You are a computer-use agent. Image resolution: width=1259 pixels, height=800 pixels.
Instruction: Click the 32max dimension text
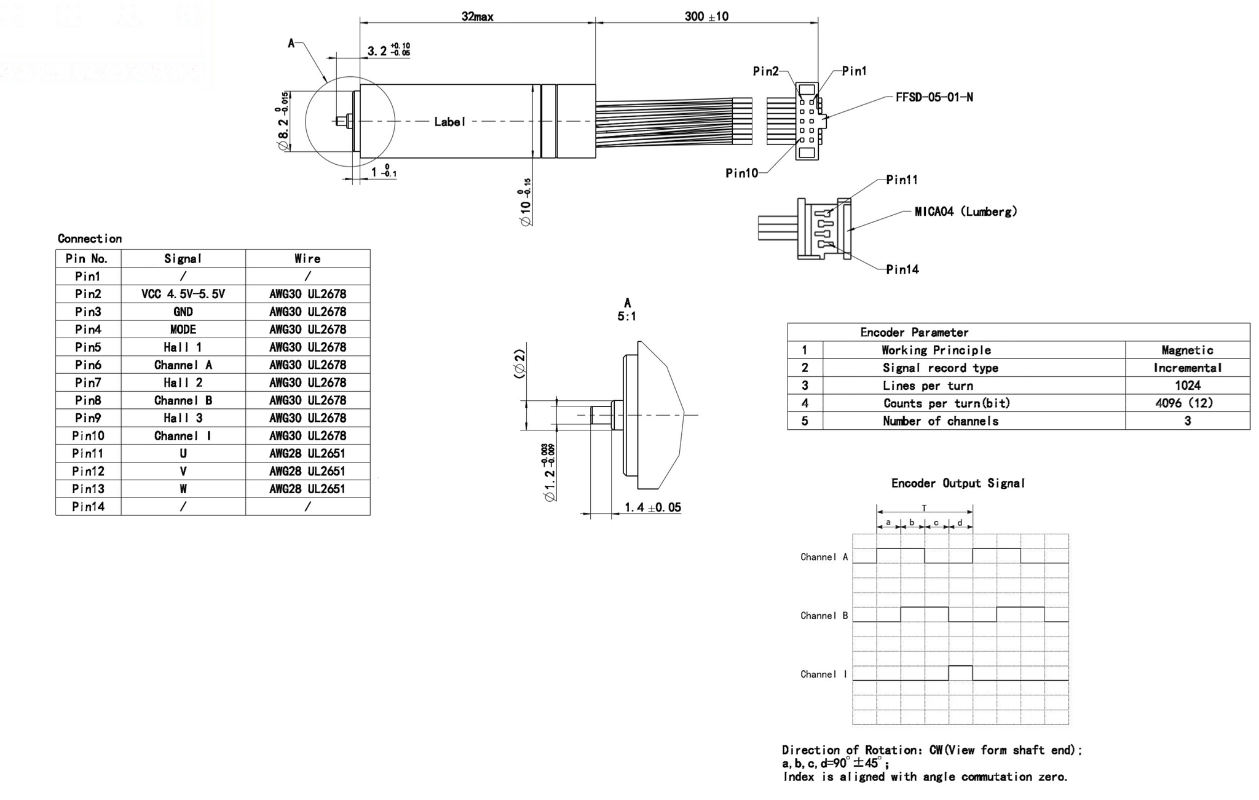[x=477, y=17]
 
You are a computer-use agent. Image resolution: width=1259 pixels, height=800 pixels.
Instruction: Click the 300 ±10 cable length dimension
[x=706, y=17]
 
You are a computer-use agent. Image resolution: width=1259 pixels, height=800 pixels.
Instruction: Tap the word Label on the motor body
[x=449, y=122]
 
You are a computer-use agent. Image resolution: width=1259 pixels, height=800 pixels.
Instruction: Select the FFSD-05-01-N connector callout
[x=934, y=97]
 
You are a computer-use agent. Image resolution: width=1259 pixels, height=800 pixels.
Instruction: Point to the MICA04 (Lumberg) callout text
[x=965, y=212]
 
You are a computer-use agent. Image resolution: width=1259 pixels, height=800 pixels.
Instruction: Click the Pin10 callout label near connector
[x=741, y=173]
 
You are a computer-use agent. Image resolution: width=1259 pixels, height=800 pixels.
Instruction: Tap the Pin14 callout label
[x=902, y=269]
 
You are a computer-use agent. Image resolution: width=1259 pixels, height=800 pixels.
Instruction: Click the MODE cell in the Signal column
[x=183, y=330]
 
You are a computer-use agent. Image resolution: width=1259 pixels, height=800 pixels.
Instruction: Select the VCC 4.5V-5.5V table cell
[x=183, y=294]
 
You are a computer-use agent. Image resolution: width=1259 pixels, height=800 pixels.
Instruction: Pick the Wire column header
[x=307, y=259]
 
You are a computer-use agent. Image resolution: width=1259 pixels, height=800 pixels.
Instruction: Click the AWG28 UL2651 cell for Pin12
[x=307, y=471]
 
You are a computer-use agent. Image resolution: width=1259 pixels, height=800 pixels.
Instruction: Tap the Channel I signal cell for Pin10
[x=183, y=436]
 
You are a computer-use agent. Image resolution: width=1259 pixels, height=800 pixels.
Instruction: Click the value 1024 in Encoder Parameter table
[x=1187, y=386]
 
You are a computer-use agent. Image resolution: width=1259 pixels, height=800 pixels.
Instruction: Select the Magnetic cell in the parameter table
[x=1187, y=350]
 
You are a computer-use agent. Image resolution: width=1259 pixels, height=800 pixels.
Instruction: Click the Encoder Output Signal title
[x=958, y=483]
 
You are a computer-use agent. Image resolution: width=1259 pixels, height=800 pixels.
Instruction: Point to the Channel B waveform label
[x=824, y=616]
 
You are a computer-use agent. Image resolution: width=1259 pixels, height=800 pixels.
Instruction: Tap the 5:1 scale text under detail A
[x=626, y=317]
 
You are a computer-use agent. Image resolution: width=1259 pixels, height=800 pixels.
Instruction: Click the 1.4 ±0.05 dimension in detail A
[x=652, y=507]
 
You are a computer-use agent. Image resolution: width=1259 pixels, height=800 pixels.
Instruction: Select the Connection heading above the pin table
[x=90, y=239]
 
